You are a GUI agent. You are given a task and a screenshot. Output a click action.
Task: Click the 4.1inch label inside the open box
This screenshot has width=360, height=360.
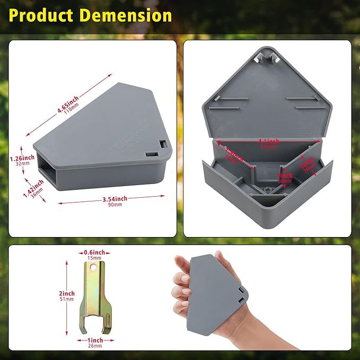(269, 141)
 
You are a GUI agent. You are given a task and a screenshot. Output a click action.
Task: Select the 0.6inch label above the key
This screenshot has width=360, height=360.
(94, 252)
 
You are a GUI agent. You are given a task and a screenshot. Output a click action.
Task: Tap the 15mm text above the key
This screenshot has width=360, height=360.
(95, 258)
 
